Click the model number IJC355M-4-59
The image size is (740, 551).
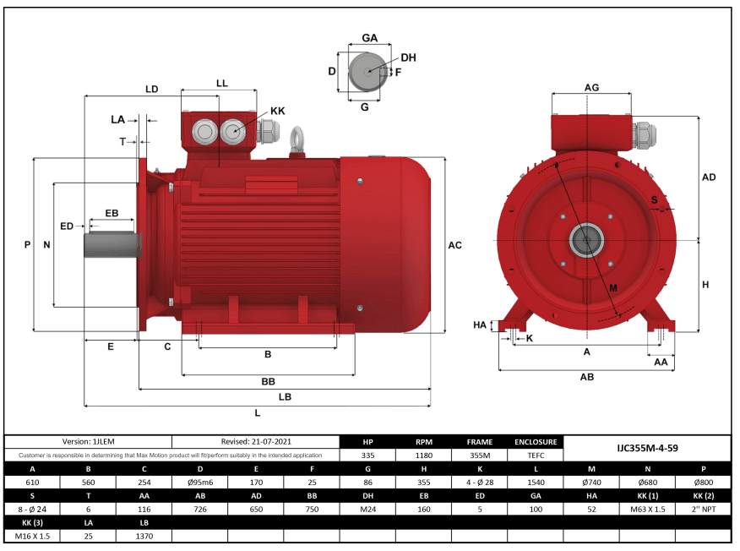click(x=647, y=448)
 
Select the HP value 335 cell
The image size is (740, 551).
click(x=367, y=455)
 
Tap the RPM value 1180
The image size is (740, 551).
click(x=424, y=455)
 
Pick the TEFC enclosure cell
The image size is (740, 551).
click(x=536, y=455)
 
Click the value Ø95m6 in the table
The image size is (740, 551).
click(x=199, y=483)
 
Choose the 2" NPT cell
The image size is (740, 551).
click(x=703, y=510)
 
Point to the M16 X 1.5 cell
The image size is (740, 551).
click(x=32, y=537)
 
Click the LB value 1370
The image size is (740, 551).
click(x=144, y=537)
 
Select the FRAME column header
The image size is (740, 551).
click(x=479, y=441)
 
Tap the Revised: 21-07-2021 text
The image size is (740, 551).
click(x=255, y=441)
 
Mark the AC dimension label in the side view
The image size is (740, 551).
click(x=454, y=245)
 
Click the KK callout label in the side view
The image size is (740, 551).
click(x=277, y=111)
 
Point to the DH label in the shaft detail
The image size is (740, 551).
click(x=408, y=57)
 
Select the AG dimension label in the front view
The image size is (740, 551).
click(x=591, y=88)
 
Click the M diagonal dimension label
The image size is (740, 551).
click(x=612, y=288)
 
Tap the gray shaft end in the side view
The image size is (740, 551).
click(x=110, y=245)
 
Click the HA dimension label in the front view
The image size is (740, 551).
click(x=480, y=325)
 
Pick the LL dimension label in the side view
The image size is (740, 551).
click(x=222, y=84)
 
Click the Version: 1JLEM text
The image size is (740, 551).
click(x=88, y=441)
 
